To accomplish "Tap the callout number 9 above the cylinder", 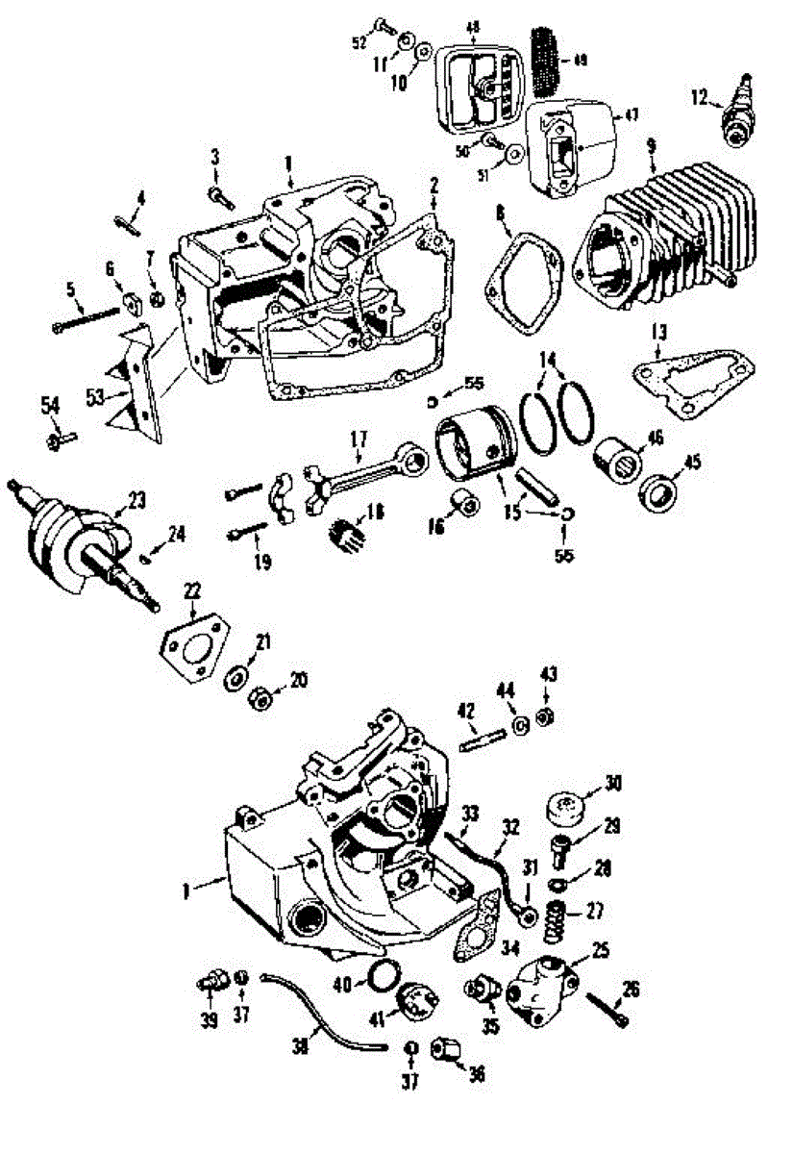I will tap(652, 145).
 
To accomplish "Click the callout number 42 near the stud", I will tap(464, 713).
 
